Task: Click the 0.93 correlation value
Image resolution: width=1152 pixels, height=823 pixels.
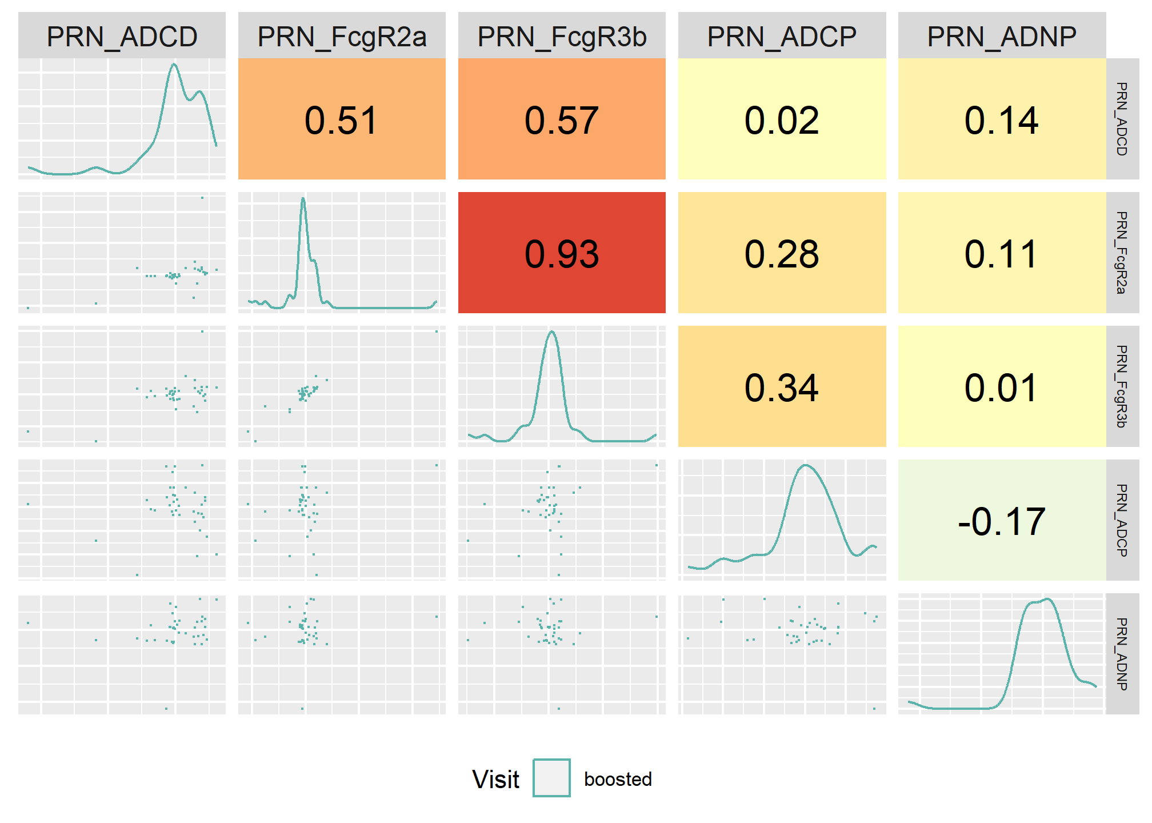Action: pyautogui.click(x=562, y=254)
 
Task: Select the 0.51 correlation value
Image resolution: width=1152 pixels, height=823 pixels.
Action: pyautogui.click(x=341, y=121)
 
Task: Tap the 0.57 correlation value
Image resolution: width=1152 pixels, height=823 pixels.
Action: pyautogui.click(x=562, y=121)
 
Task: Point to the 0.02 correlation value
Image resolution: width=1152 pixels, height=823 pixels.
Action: pyautogui.click(x=782, y=121)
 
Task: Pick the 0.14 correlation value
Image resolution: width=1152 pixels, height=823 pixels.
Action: pyautogui.click(x=1001, y=121)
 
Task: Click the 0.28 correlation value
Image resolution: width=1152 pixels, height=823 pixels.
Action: pyautogui.click(x=782, y=254)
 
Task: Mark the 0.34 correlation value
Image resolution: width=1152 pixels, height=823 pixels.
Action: pyautogui.click(x=782, y=387)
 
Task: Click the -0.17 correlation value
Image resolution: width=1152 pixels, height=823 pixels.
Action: pyautogui.click(x=1001, y=521)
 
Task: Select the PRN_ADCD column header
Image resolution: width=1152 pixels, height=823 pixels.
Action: pyautogui.click(x=122, y=37)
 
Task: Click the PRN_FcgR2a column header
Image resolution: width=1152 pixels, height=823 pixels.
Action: pyautogui.click(x=342, y=37)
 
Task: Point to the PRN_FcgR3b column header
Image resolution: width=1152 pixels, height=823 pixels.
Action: pyautogui.click(x=562, y=37)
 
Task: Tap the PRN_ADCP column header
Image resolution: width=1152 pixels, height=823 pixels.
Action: pyautogui.click(x=782, y=37)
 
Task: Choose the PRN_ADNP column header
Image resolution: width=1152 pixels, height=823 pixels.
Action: pyautogui.click(x=1002, y=37)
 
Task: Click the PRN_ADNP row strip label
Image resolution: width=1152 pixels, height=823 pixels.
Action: pyautogui.click(x=1122, y=654)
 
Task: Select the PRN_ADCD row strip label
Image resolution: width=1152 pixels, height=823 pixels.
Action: pyautogui.click(x=1122, y=119)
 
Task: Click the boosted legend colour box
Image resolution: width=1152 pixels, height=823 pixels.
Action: pyautogui.click(x=551, y=778)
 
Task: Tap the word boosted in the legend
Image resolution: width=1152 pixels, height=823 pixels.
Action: pyautogui.click(x=618, y=779)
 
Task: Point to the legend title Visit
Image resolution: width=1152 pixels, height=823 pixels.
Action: pyautogui.click(x=496, y=779)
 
